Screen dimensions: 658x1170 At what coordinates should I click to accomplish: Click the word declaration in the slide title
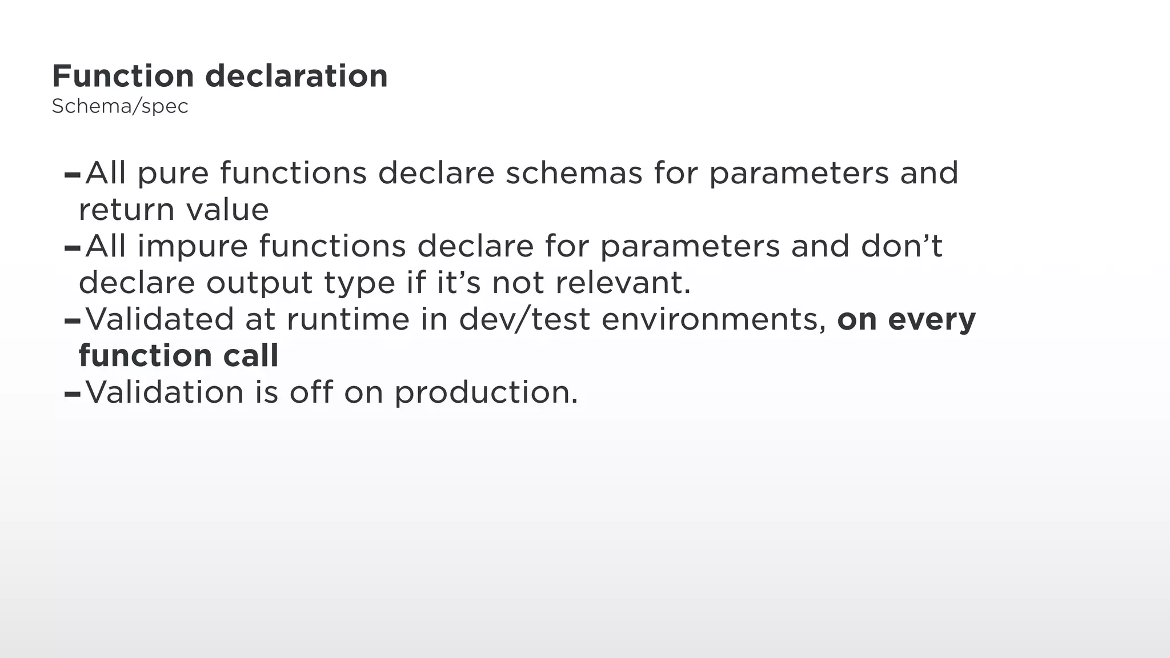[296, 76]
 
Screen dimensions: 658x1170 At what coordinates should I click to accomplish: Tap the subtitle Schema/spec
[120, 106]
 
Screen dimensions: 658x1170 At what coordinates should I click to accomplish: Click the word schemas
[574, 173]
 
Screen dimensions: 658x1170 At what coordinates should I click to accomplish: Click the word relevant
[623, 283]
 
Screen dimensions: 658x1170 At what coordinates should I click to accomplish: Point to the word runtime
[348, 319]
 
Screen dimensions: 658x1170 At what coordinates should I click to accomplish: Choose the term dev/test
[524, 319]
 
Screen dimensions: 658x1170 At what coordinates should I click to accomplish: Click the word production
[486, 393]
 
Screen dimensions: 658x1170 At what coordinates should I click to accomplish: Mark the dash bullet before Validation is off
[73, 394]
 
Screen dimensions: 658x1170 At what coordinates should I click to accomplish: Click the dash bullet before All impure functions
[73, 248]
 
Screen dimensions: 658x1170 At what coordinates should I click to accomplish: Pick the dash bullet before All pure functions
[73, 175]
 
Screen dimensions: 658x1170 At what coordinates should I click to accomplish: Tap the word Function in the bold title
[123, 76]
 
